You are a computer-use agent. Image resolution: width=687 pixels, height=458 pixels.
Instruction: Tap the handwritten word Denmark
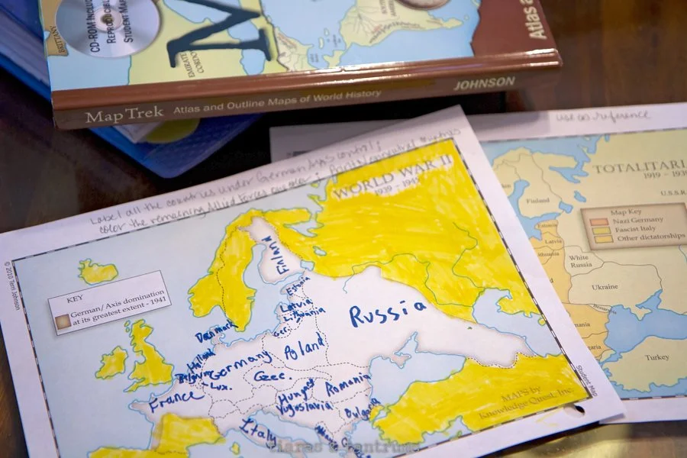click(214, 335)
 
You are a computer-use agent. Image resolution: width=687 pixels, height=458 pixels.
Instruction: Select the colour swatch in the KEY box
click(60, 323)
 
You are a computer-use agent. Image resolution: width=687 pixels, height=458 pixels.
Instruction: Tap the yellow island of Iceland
click(98, 271)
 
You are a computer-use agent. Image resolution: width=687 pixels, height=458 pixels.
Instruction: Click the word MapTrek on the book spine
click(115, 117)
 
